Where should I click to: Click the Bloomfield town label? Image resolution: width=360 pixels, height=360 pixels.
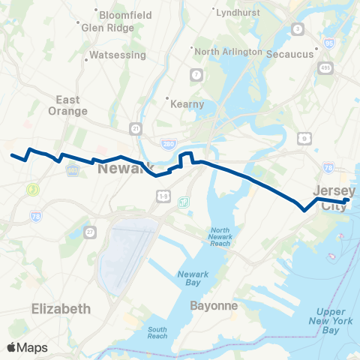point(127,14)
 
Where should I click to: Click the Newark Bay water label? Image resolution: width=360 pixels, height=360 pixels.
point(193,278)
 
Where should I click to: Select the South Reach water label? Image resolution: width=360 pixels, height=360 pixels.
point(157,333)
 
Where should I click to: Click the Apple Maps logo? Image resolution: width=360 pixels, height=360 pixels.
point(28,347)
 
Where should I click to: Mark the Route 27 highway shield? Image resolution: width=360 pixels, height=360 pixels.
point(89,232)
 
